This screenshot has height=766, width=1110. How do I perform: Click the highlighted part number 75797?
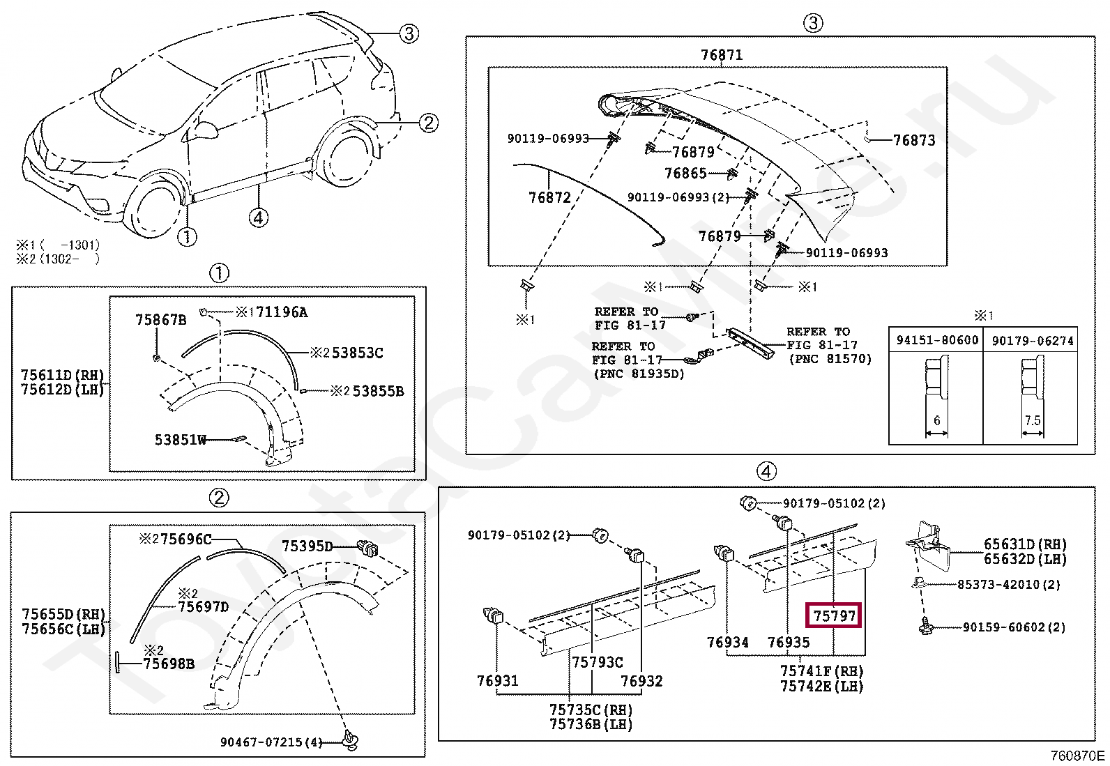834,616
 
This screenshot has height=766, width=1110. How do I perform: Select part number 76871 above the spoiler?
721,55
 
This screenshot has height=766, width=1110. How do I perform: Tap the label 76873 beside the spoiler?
913,140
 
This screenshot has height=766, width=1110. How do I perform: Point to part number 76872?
549,198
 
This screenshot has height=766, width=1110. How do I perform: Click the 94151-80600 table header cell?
936,340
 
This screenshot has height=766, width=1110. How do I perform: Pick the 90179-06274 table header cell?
1032,340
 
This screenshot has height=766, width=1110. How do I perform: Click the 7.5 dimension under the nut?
1032,420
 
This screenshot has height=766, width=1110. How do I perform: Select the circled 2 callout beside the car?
428,123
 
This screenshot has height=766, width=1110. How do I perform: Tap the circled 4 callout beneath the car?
258,217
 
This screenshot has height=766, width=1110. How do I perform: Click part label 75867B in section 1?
160,320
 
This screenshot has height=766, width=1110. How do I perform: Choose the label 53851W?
180,440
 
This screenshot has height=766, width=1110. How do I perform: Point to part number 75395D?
307,546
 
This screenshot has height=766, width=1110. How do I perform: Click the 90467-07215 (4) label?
271,742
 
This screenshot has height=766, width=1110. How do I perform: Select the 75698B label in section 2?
168,664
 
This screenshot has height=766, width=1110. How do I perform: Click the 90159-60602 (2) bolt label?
1014,627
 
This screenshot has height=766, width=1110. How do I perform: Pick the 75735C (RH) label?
591,710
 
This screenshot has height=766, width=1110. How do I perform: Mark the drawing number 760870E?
1077,756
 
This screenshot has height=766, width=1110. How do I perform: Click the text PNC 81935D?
638,374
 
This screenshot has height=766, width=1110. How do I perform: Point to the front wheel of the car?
155,209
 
